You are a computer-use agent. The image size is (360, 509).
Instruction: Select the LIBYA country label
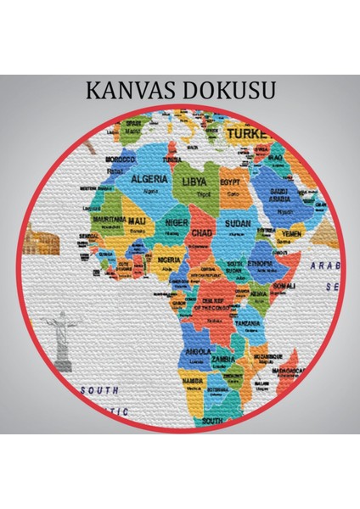pyautogui.click(x=192, y=181)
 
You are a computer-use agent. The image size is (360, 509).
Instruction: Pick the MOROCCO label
pyautogui.click(x=121, y=159)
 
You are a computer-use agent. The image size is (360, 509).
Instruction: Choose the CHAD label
pyautogui.click(x=201, y=232)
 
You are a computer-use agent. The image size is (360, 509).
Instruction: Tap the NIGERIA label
pyautogui.click(x=169, y=260)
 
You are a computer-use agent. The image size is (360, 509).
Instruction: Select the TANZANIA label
pyautogui.click(x=249, y=323)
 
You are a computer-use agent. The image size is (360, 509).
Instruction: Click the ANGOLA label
pyautogui.click(x=199, y=350)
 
